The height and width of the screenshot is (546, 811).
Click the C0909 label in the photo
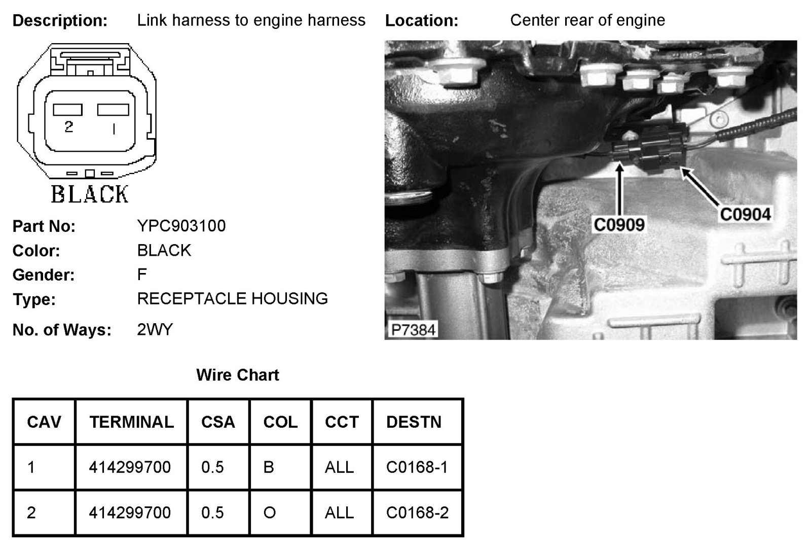[x=618, y=224]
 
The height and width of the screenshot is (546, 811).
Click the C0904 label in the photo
[x=745, y=214]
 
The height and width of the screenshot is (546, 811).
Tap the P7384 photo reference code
[x=413, y=330]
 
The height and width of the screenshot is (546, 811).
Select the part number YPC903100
[x=181, y=226]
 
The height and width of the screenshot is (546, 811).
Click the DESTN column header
[x=414, y=422]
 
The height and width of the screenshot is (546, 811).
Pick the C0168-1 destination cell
[x=417, y=467]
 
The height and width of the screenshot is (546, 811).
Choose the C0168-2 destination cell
[x=417, y=513]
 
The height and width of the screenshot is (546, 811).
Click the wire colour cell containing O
[x=270, y=513]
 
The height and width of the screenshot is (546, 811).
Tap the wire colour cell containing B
[x=269, y=467]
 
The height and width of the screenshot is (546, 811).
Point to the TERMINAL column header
[x=131, y=422]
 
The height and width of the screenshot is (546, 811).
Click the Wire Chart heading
[x=238, y=375]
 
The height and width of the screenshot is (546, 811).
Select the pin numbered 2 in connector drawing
[x=68, y=126]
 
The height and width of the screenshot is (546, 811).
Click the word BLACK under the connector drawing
[x=90, y=194]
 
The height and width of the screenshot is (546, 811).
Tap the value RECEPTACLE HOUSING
[x=232, y=298]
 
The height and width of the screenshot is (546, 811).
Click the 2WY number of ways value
[x=155, y=330]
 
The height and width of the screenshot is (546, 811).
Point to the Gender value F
[x=142, y=275]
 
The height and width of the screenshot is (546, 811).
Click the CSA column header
[x=218, y=422]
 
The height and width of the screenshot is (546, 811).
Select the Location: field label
[x=422, y=21]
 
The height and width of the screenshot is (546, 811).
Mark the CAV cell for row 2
[x=31, y=513]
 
